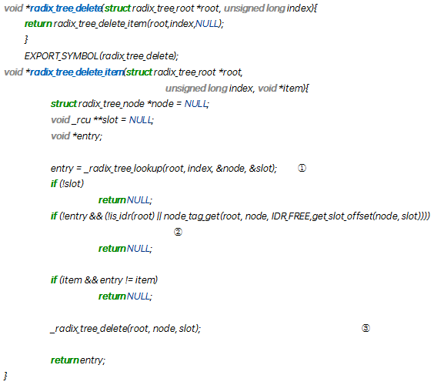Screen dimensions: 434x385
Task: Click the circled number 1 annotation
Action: tap(302, 168)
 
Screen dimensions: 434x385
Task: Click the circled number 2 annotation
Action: tap(178, 232)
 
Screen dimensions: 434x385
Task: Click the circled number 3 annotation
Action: tap(366, 328)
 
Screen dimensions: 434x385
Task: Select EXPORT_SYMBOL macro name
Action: tap(61, 56)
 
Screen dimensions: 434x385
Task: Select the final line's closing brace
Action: tap(5, 376)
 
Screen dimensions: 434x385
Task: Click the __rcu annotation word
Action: tap(81, 120)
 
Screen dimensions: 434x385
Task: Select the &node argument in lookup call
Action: tap(230, 169)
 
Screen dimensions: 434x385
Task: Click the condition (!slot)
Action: tap(72, 183)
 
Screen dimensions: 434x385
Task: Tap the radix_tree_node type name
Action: tap(112, 104)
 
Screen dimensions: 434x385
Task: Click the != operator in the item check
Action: tap(129, 280)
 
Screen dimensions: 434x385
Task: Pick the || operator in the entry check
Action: tap(159, 216)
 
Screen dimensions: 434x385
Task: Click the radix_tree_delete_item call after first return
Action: tap(100, 24)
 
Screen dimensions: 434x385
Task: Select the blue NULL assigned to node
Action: tap(195, 104)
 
